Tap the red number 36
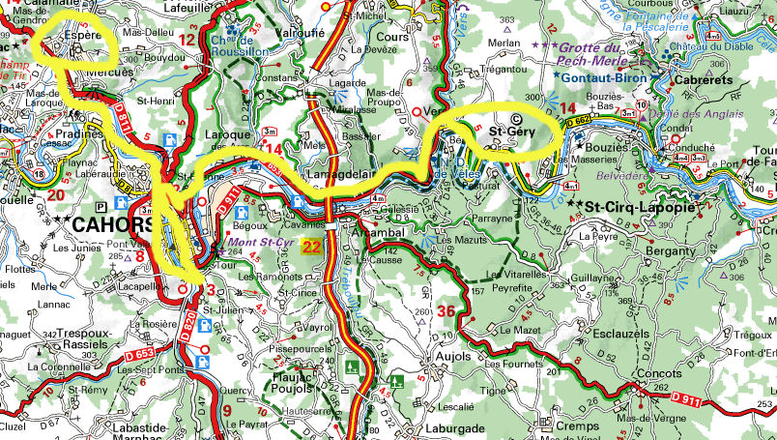(x=446, y=310)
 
